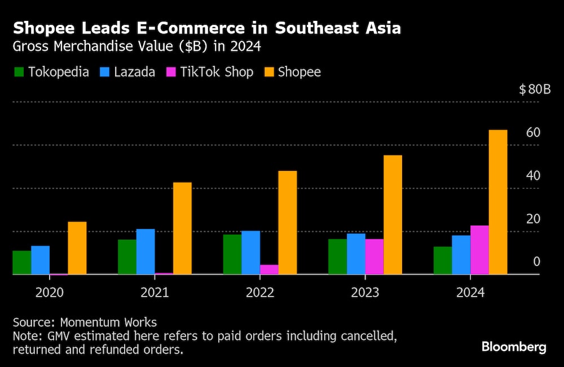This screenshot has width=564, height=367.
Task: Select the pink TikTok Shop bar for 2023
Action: (374, 257)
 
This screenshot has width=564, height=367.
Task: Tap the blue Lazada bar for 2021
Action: (146, 251)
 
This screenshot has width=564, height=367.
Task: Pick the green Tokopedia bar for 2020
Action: (22, 262)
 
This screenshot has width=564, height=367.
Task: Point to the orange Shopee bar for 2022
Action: (288, 222)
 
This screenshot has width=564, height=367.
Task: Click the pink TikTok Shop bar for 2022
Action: (269, 269)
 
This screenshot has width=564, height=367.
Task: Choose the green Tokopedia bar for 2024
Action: (443, 260)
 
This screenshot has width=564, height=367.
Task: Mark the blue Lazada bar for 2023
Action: (356, 254)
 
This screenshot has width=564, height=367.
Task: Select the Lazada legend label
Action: (135, 72)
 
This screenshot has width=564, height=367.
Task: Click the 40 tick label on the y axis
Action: (533, 175)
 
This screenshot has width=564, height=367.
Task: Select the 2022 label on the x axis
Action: (260, 293)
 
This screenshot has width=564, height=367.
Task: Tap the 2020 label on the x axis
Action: (50, 293)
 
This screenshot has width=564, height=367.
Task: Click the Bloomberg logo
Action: (514, 347)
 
